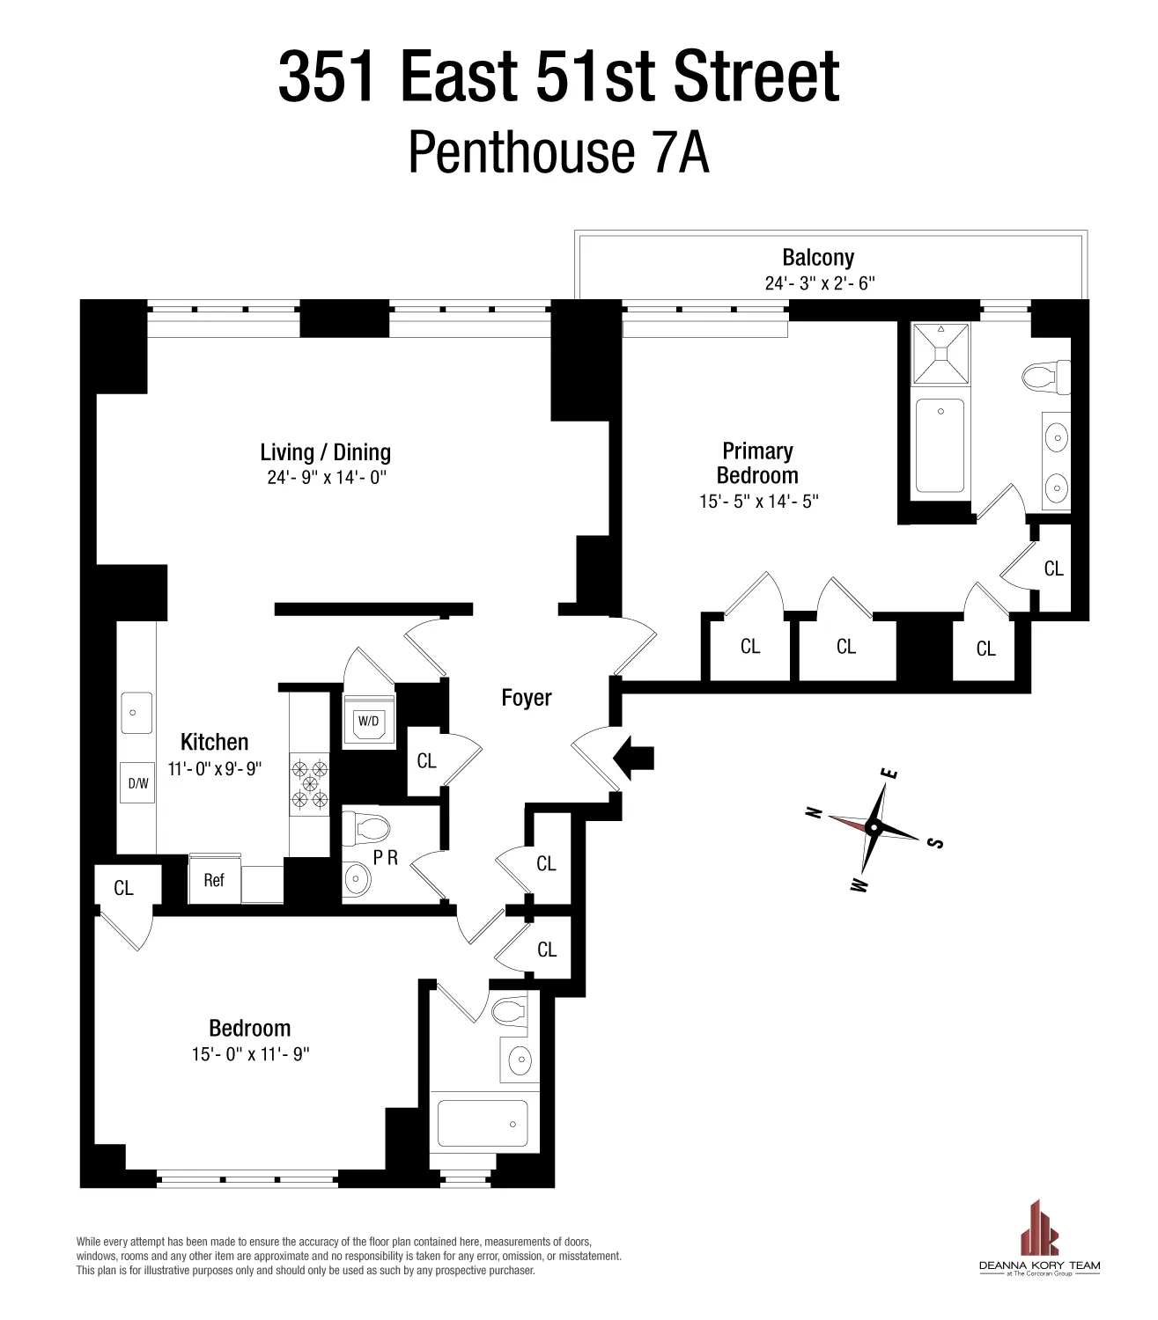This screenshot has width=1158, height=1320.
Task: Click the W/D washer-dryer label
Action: (x=368, y=722)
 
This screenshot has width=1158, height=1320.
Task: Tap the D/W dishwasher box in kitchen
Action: (x=138, y=782)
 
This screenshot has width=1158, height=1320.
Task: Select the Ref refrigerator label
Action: (x=214, y=880)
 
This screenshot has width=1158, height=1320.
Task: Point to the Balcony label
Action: (x=818, y=258)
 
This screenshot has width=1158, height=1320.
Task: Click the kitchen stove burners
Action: (x=309, y=782)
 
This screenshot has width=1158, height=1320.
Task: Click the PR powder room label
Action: (x=386, y=858)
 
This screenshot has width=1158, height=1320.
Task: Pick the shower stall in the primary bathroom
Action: (x=940, y=354)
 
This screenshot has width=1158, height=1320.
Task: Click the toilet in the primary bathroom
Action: (x=1046, y=378)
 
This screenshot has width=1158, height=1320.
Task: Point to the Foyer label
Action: (x=527, y=698)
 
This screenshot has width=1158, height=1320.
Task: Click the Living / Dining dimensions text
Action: (x=328, y=478)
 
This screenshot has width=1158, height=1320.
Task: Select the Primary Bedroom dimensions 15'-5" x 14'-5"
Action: (x=759, y=502)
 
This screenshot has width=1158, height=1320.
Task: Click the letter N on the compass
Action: (x=815, y=812)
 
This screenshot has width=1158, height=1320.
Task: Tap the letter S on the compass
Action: (x=936, y=843)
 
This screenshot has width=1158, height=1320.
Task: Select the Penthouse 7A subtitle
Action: (x=558, y=153)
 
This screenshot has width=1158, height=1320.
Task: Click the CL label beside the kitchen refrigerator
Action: (x=123, y=889)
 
